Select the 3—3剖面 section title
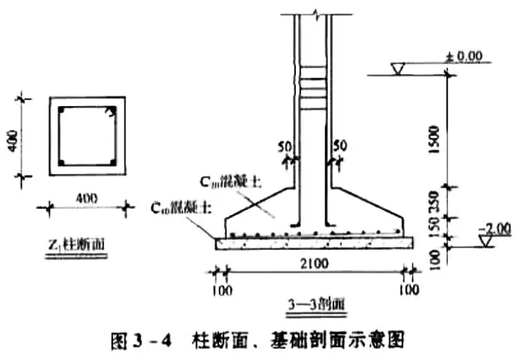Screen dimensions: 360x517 coord(316,303)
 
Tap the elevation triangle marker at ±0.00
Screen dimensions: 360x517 coord(398,69)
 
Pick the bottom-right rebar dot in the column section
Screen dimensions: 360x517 coord(111,163)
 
